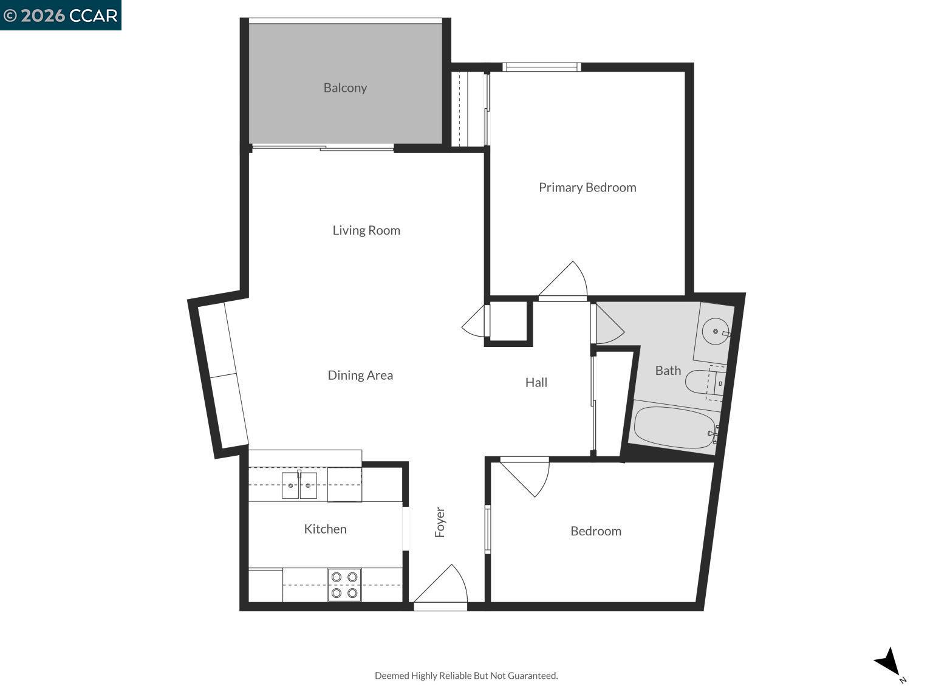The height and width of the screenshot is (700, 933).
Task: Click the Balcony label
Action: [345, 88]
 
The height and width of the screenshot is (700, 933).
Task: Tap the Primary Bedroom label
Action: [587, 188]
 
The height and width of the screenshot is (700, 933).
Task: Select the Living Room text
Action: [366, 230]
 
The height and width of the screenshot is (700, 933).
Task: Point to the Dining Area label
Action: [360, 376]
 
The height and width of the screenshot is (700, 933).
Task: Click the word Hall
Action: [536, 383]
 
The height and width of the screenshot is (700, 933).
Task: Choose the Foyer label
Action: [440, 523]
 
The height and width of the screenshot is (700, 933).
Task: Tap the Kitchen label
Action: [325, 529]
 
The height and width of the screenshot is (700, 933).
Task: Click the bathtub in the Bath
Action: [674, 428]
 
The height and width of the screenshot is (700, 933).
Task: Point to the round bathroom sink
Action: [716, 332]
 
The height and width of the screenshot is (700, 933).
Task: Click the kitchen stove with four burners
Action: [344, 585]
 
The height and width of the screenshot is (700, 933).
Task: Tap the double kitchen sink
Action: [299, 485]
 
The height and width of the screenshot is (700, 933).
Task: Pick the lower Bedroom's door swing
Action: [526, 477]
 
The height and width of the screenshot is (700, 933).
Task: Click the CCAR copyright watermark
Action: [61, 15]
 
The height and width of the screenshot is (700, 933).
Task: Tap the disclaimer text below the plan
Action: [466, 676]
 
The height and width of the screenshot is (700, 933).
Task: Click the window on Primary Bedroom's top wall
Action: [542, 67]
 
